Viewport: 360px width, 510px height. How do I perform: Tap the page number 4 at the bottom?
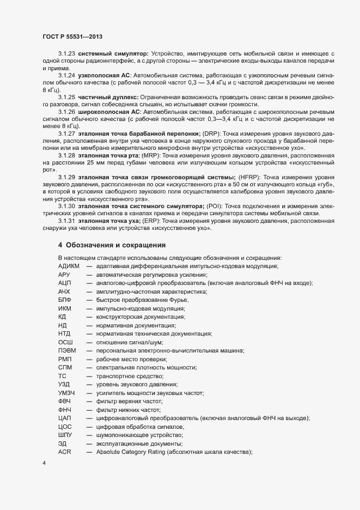[44, 464]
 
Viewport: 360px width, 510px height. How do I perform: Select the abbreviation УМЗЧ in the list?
[67, 392]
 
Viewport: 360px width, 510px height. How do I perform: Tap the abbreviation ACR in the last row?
[65, 438]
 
